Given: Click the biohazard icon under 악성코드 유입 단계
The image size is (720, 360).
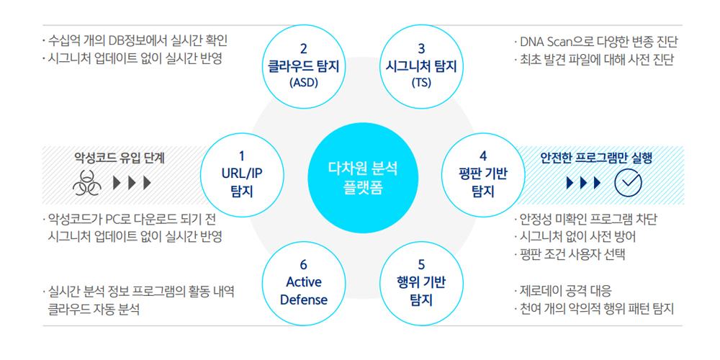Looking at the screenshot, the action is [x=87, y=183].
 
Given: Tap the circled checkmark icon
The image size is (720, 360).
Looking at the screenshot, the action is [x=628, y=183].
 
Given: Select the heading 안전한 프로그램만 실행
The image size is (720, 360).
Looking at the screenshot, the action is [x=597, y=158].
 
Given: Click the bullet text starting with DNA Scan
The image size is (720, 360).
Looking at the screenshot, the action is [x=596, y=42].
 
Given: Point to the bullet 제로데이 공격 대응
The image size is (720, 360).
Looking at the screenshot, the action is [x=563, y=291].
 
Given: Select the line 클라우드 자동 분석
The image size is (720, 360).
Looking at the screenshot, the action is [x=94, y=309].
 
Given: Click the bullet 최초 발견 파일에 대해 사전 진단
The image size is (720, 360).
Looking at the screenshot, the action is [x=594, y=60].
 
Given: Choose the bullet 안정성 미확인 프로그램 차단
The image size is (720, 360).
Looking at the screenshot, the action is [x=585, y=219].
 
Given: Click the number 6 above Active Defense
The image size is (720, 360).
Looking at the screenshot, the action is [x=303, y=266].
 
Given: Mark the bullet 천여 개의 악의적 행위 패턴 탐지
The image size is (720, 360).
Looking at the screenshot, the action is [x=594, y=309].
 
